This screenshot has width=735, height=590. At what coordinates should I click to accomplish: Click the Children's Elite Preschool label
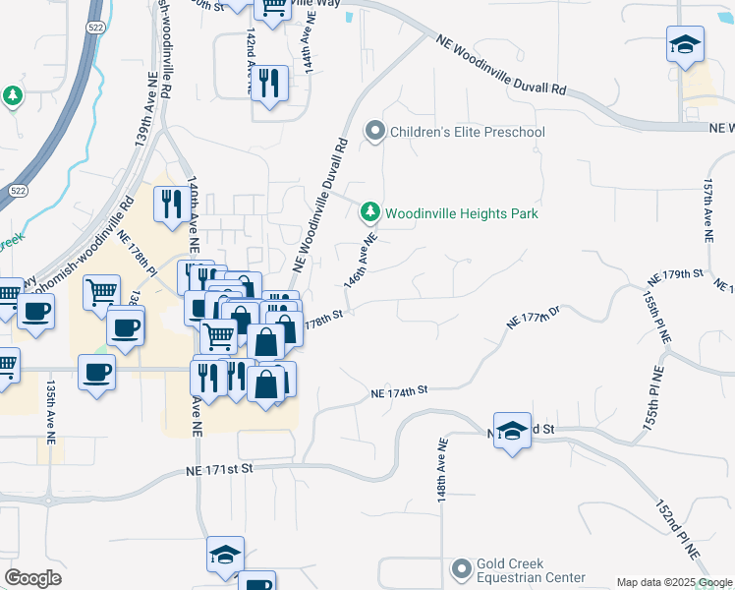coord(467,132)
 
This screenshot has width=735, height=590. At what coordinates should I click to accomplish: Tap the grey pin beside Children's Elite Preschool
coord(373,131)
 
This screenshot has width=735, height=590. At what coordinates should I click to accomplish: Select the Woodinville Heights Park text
coord(462,213)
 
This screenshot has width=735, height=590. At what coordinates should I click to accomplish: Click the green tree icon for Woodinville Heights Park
coord(370,212)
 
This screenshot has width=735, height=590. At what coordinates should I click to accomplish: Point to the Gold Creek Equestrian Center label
coord(531,571)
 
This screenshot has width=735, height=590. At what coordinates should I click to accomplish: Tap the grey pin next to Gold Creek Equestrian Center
coord(461,569)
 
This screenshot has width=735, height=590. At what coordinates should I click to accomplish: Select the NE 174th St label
coord(401,391)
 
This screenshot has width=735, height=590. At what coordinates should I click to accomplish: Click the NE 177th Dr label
coord(533,319)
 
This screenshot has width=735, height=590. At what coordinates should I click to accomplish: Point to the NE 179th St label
coord(684,273)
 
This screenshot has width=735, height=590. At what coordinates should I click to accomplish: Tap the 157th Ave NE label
coord(707,211)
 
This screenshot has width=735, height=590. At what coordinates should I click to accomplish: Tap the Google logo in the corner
coord(32,578)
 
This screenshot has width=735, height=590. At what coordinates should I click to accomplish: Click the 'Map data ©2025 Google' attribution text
coord(674,582)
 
